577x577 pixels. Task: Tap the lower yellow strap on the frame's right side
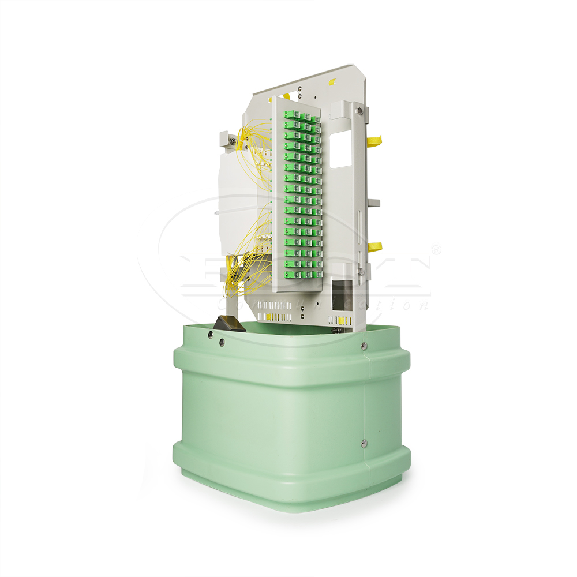376,247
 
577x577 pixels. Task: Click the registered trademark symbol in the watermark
436,250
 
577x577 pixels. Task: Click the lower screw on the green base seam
363,443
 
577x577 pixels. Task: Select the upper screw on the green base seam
364,346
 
